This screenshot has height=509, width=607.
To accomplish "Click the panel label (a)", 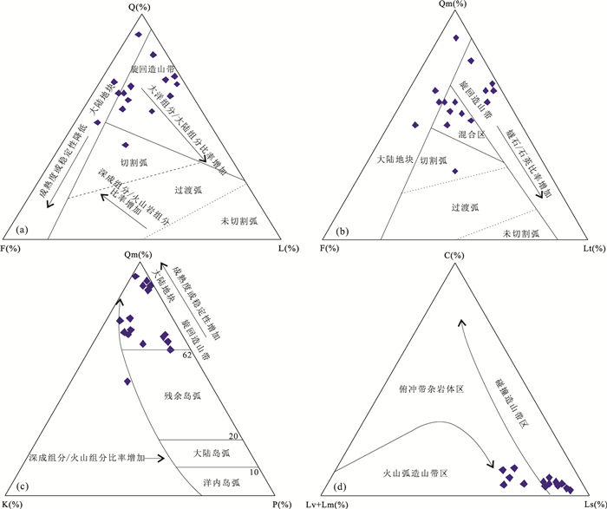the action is (22, 231).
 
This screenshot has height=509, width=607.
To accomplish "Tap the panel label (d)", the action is (341, 487).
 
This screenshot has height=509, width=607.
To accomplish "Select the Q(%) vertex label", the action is (140, 7).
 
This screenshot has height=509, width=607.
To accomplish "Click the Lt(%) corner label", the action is (593, 249).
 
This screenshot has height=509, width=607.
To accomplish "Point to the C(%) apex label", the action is (454, 256).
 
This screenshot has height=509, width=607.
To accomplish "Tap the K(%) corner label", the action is (12, 505).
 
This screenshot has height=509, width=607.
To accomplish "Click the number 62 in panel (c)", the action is (187, 355).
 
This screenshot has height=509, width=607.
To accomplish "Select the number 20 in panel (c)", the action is (233, 436).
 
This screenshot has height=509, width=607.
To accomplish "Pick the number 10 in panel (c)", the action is (254, 473).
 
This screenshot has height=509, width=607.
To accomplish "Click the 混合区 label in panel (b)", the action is (472, 134).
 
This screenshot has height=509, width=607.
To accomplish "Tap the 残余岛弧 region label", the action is (183, 396).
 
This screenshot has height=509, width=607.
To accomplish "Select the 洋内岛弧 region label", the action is (221, 483).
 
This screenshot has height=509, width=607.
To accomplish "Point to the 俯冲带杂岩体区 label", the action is (431, 389).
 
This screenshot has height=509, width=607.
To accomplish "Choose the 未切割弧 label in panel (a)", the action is (239, 221).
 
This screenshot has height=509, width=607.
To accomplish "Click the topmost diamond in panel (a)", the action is (139, 35).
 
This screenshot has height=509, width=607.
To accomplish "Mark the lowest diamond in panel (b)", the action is (455, 171).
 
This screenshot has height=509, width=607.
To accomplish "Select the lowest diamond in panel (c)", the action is (127, 382).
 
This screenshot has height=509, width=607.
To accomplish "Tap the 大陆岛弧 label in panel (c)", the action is (212, 454).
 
